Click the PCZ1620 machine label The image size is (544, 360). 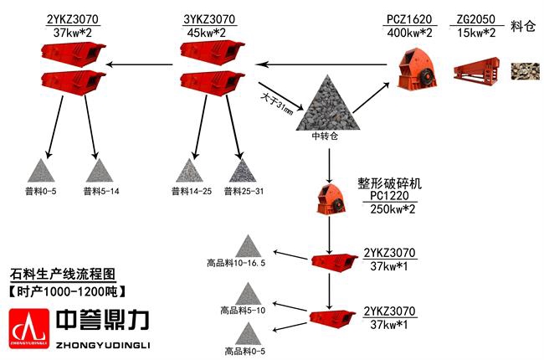pyautogui.click(x=410, y=18)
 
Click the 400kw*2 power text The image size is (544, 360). pyautogui.click(x=410, y=33)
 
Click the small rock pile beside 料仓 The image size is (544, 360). pyautogui.click(x=524, y=71)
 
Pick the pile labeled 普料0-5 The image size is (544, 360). pyautogui.click(x=40, y=171)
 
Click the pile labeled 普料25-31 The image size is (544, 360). pyautogui.click(x=243, y=171)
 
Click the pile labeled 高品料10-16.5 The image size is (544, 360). pyautogui.click(x=248, y=246)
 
